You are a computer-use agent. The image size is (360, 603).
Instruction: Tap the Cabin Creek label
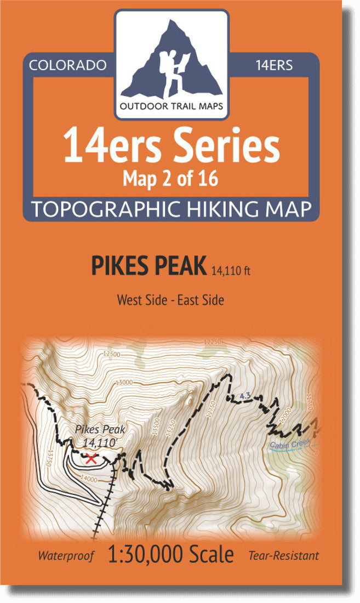coord(290,444)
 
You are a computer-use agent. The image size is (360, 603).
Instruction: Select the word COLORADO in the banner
coord(67,65)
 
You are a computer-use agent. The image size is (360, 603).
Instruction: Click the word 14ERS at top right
coord(273,65)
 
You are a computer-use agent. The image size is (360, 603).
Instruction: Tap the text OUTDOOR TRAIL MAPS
coord(171,106)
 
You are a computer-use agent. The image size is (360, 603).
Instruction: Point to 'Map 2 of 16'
coord(172,179)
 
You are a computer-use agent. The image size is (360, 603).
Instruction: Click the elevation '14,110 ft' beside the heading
coord(230,270)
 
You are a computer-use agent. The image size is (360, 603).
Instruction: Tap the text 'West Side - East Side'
coord(170,300)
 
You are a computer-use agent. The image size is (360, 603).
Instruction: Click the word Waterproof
coord(66,555)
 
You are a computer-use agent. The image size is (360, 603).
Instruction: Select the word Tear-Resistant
coord(283,555)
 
